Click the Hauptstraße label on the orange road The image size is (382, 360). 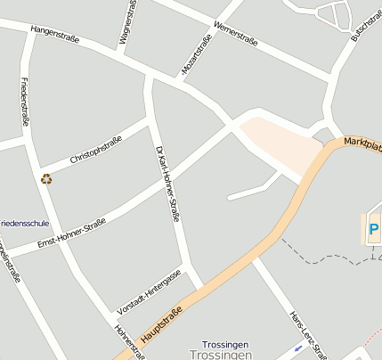tap(162, 327)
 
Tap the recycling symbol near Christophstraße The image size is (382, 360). tap(46, 178)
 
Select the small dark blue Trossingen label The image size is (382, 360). tap(224, 344)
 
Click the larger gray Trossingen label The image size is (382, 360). tap(223, 355)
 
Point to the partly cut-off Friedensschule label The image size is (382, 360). tap(24, 222)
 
